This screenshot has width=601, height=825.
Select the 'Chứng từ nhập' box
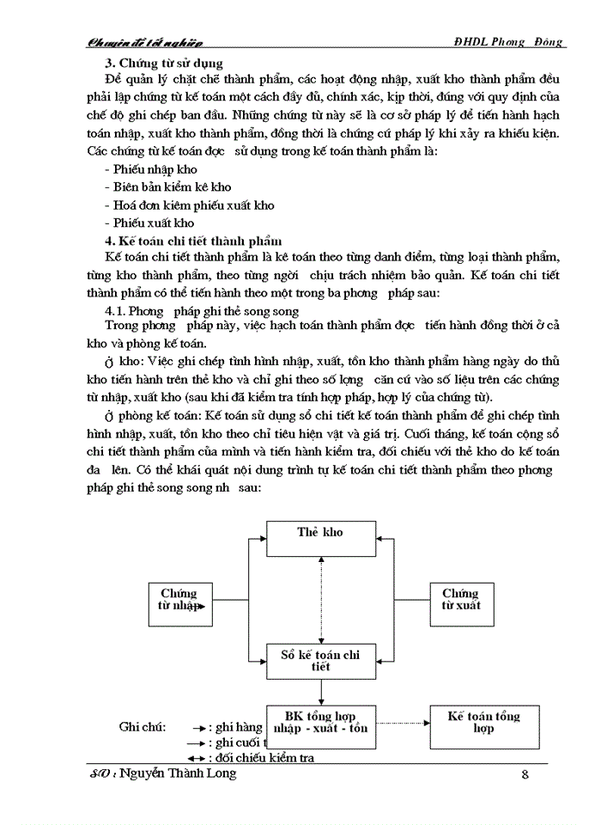click(179, 600)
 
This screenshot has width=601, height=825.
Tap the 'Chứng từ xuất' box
click(460, 600)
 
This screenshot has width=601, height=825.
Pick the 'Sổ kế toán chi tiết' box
click(319, 660)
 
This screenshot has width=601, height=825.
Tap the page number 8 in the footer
click(525, 774)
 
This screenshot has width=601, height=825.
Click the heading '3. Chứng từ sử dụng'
click(163, 63)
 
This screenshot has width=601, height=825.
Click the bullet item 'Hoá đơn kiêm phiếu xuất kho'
click(193, 205)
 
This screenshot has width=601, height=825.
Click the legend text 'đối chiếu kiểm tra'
click(265, 757)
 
